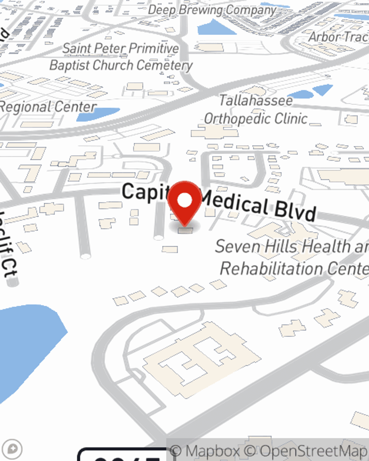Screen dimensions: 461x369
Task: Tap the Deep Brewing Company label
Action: coord(212,10)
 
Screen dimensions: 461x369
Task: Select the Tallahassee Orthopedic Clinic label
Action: coord(256,110)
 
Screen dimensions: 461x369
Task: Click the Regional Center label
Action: coord(48,107)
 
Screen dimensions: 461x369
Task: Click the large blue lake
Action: coord(26,350)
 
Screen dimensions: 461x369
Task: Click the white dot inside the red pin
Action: coord(184,200)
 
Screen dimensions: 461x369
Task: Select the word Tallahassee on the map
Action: coord(256,100)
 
